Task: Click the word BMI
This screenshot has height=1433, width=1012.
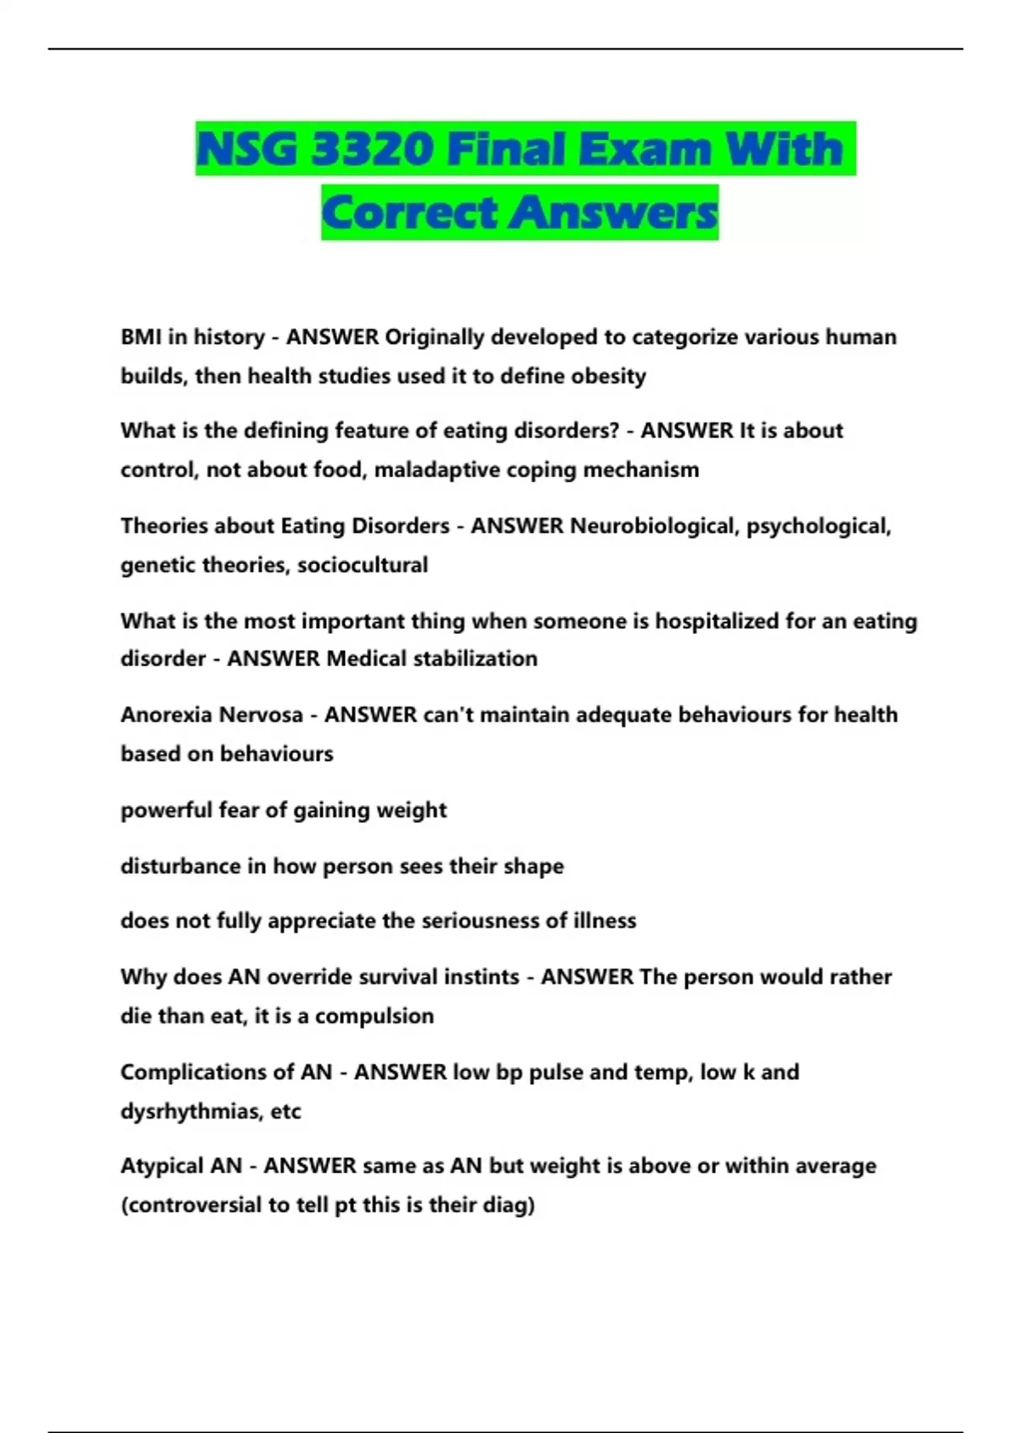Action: [141, 337]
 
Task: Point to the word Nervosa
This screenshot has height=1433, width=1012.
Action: [261, 715]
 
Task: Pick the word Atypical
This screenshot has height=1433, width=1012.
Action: [160, 1166]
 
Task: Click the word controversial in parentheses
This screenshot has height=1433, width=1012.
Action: [191, 1205]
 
